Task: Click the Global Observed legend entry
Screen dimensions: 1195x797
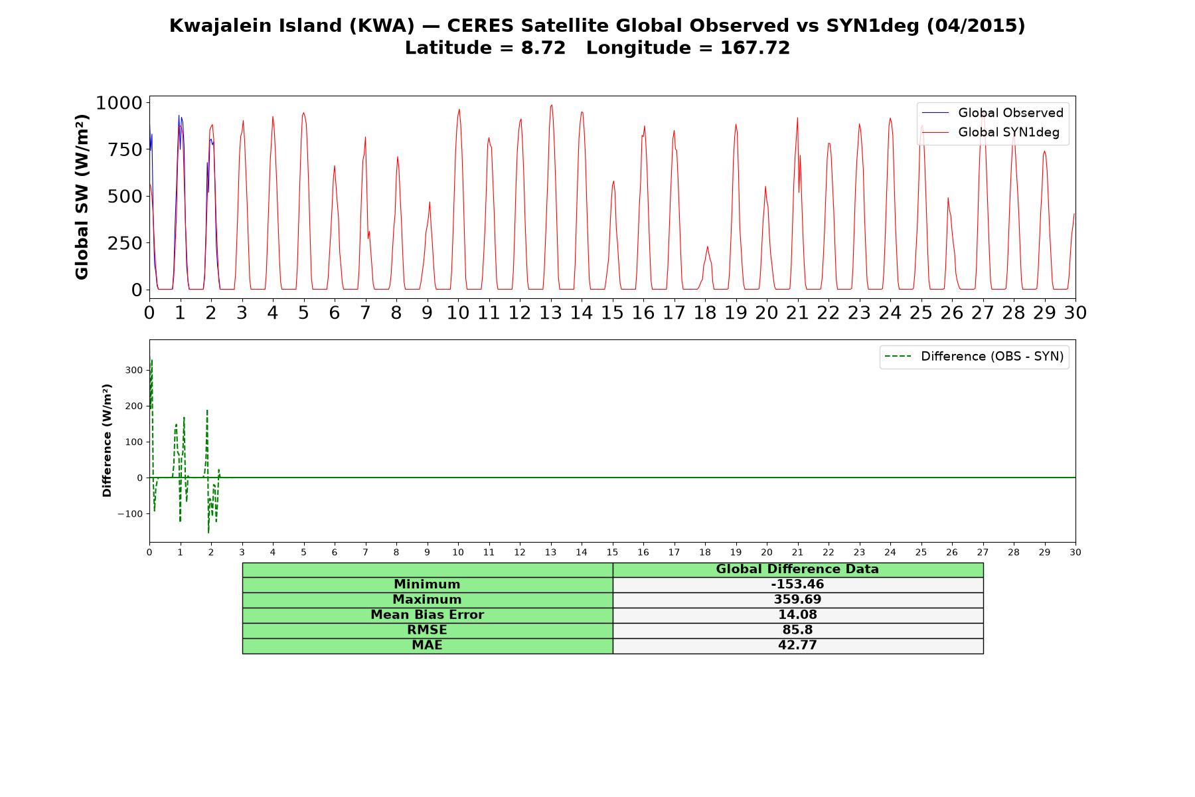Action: pyautogui.click(x=993, y=113)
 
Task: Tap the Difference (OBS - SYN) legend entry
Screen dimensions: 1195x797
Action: pyautogui.click(x=975, y=357)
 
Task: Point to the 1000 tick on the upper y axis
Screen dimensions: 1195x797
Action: pyautogui.click(x=119, y=103)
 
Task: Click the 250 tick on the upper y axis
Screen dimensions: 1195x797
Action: pyautogui.click(x=125, y=243)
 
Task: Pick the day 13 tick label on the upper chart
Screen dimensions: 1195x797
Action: pyautogui.click(x=550, y=313)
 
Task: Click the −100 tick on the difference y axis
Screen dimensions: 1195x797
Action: pyautogui.click(x=130, y=514)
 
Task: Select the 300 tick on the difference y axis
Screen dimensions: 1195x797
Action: pyautogui.click(x=135, y=371)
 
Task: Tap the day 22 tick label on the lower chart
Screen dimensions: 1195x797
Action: pyautogui.click(x=829, y=553)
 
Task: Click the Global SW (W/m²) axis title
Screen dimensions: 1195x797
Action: pyautogui.click(x=82, y=197)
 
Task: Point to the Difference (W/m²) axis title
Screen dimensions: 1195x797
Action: pyautogui.click(x=107, y=440)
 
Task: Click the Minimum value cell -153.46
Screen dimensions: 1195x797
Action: pyautogui.click(x=797, y=584)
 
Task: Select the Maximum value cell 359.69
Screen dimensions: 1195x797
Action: pyautogui.click(x=797, y=600)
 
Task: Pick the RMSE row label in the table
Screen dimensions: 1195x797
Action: pyautogui.click(x=427, y=630)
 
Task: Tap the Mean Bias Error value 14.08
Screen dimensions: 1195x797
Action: pyautogui.click(x=797, y=615)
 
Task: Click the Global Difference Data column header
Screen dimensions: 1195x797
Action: pyautogui.click(x=797, y=569)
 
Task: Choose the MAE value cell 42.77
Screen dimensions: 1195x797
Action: pyautogui.click(x=797, y=646)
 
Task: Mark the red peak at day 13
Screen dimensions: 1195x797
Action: pyautogui.click(x=551, y=105)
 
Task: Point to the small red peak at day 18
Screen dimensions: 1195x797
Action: pyautogui.click(x=707, y=246)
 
